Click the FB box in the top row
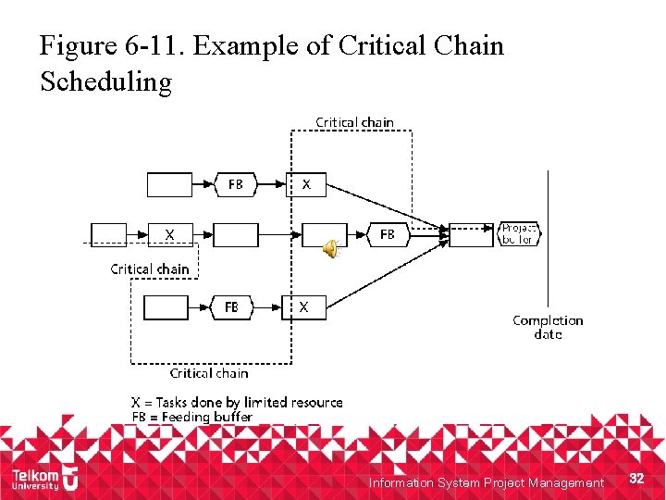tap(237, 184)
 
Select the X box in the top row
tap(305, 184)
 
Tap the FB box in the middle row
tap(388, 234)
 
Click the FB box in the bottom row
tap(232, 306)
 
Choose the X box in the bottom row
tap(303, 306)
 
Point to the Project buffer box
tap(518, 233)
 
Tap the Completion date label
tap(548, 327)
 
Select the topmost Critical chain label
tap(354, 122)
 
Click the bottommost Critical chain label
tap(209, 373)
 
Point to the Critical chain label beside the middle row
tap(150, 269)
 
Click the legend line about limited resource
tap(237, 402)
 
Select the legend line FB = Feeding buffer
tap(192, 417)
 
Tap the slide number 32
tap(635, 478)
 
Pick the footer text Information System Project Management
tap(486, 482)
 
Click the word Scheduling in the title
tap(106, 82)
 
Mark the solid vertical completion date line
tap(548, 241)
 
